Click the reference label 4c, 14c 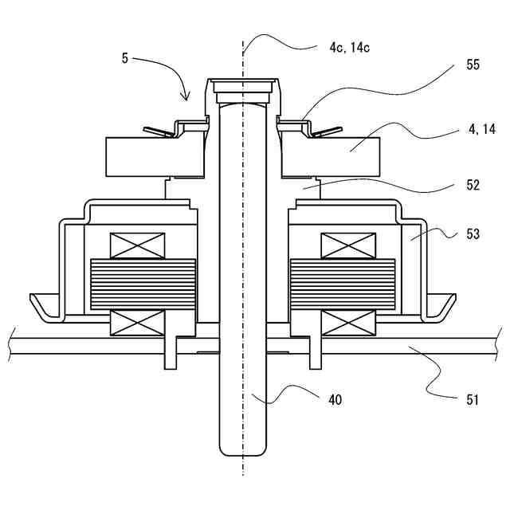[x=350, y=48]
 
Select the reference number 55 [x=473, y=65]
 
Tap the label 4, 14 [x=481, y=129]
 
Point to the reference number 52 [x=473, y=185]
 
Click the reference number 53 [x=473, y=233]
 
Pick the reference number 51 [x=473, y=400]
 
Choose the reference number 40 [x=335, y=400]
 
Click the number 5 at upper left [x=125, y=58]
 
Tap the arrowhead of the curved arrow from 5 [x=186, y=97]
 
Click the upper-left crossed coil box [x=137, y=246]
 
